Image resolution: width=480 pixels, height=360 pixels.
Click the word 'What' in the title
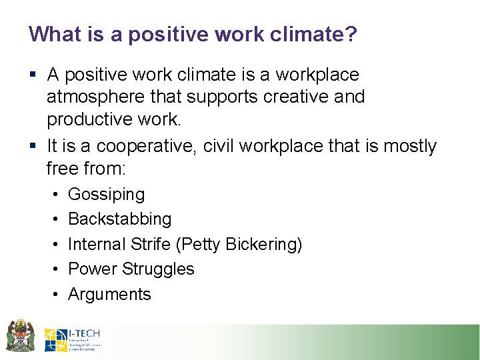pos(51,34)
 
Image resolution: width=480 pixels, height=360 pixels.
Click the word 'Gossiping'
pos(106,195)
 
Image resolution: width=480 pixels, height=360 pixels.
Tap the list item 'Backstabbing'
pos(119,219)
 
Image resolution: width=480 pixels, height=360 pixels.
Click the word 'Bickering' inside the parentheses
pos(263,244)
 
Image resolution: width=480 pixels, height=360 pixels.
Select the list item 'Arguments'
pos(109,294)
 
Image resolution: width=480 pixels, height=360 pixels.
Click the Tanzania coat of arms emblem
pos(20,335)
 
